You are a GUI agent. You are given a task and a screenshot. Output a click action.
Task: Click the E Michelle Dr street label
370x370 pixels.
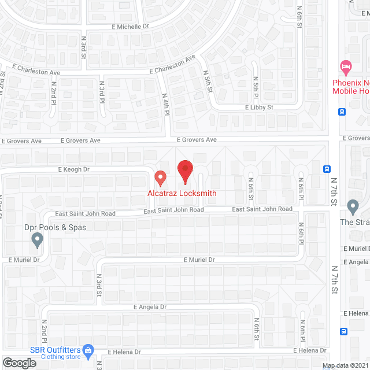click(x=130, y=26)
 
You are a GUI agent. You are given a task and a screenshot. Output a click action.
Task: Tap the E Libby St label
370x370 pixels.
click(x=259, y=108)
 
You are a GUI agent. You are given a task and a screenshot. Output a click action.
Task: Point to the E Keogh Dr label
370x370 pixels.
click(x=74, y=169)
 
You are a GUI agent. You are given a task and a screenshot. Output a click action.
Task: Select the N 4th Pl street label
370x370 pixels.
click(x=165, y=104)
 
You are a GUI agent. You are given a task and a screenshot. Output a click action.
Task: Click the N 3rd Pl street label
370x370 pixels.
click(x=101, y=92)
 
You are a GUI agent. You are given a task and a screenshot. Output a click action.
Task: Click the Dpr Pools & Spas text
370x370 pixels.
click(x=55, y=227)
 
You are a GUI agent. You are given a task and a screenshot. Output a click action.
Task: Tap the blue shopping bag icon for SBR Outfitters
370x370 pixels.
click(x=88, y=350)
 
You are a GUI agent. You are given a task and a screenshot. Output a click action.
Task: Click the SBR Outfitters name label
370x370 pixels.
click(x=56, y=349)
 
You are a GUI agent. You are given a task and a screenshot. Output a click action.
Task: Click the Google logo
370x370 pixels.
click(x=19, y=362)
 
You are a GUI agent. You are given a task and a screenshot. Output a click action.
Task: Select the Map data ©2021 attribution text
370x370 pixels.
click(x=345, y=365)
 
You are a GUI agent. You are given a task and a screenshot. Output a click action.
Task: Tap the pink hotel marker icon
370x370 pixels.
click(x=346, y=67)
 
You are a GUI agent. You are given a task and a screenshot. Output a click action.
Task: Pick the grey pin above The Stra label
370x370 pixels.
click(x=353, y=206)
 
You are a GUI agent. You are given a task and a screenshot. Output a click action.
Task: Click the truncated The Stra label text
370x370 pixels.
click(x=354, y=222)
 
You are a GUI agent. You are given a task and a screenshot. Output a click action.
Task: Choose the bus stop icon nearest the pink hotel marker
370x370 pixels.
click(x=342, y=112)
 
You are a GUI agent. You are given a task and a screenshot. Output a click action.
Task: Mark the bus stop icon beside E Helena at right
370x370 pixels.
click(x=344, y=332)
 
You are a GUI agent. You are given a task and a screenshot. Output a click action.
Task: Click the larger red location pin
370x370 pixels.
click(x=184, y=171)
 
